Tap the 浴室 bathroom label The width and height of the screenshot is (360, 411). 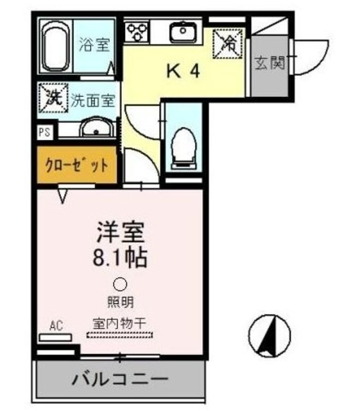point(94,45)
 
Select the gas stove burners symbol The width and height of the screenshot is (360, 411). point(137,31)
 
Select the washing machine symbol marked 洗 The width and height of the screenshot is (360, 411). point(52,98)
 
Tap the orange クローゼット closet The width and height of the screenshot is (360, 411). point(76,165)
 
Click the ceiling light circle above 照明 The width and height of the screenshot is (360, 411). point(120,284)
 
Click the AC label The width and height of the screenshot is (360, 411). point(56,326)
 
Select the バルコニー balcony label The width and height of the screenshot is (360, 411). point(120,378)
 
